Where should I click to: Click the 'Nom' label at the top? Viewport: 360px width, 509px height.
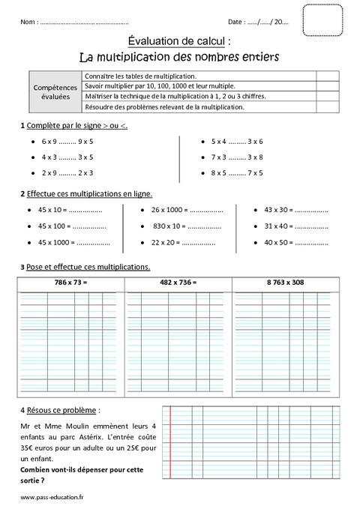coord(29,22)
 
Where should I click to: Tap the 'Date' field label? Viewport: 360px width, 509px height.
coord(236,22)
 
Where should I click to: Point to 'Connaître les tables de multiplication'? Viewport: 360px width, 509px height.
coord(141,76)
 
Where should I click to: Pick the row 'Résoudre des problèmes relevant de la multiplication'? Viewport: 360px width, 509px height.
coord(164,107)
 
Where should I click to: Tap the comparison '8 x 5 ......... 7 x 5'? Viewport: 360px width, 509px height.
coord(237,172)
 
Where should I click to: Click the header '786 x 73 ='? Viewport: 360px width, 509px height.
coord(71,282)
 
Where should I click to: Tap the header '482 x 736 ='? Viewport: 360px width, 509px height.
coord(178,282)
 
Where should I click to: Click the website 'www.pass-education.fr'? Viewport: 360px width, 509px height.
coord(52,497)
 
